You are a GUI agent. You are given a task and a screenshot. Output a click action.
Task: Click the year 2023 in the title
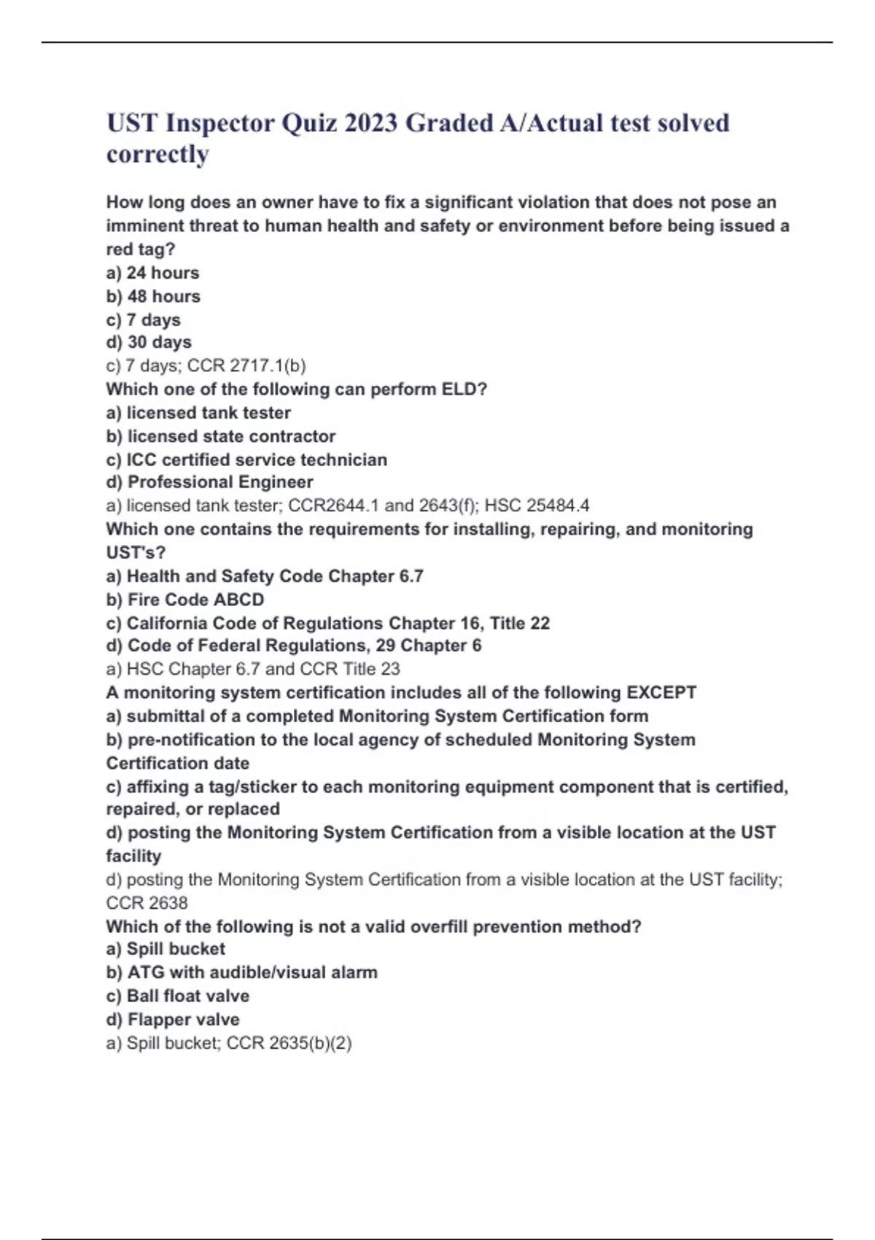[370, 123]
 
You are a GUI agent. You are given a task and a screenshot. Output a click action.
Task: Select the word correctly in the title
[157, 154]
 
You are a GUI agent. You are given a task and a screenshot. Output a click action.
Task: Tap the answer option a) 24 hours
[152, 273]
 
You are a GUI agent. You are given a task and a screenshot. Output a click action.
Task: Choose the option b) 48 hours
[153, 296]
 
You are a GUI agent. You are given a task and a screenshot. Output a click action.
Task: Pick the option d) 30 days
[149, 342]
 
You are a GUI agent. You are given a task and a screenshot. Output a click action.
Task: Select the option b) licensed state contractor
[220, 436]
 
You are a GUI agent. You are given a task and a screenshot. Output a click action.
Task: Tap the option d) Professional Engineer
[209, 482]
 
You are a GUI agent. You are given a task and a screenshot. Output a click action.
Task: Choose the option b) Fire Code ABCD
[185, 600]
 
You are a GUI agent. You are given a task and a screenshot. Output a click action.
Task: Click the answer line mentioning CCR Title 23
[252, 669]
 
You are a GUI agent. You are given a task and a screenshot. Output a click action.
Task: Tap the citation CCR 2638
[147, 903]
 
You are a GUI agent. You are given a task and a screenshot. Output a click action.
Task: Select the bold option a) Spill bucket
[166, 949]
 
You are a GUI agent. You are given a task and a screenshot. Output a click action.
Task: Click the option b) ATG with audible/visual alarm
[241, 972]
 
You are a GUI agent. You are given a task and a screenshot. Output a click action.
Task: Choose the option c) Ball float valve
[177, 996]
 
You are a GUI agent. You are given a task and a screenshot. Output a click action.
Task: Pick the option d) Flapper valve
[172, 1019]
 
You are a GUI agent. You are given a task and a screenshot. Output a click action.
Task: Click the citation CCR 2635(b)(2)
[289, 1043]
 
